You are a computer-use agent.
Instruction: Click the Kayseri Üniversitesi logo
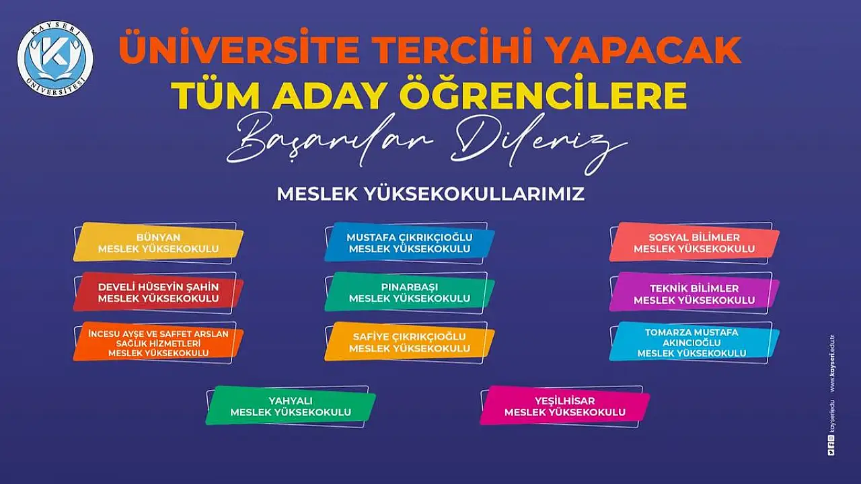55,58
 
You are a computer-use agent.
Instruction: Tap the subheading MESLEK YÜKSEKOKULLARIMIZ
430,194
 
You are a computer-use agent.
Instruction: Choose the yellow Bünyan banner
158,243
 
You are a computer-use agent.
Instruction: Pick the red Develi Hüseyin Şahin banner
158,292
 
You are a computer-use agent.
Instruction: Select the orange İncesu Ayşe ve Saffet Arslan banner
158,343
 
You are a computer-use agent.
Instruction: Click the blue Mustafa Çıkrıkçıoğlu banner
410,243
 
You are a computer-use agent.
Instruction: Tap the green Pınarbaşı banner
410,292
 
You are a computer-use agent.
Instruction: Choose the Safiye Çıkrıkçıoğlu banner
410,343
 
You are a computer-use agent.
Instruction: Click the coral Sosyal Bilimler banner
694,243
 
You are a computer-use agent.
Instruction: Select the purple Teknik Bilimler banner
694,292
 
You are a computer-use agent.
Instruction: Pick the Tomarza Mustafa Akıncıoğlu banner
694,343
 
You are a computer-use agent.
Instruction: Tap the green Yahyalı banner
291,407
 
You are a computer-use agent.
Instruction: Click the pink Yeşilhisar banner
565,407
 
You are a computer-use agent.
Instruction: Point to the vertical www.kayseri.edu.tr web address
832,364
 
